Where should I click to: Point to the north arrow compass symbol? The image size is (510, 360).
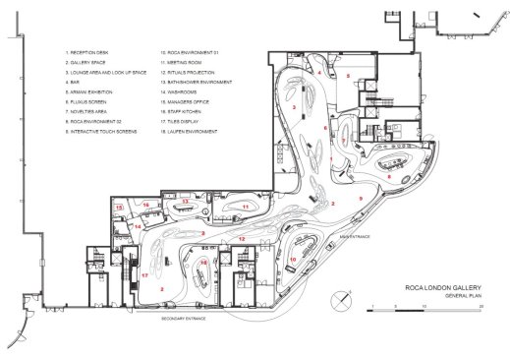(x=344, y=296)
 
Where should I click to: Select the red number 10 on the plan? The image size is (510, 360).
(x=294, y=259)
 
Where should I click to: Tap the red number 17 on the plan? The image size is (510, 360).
(x=143, y=275)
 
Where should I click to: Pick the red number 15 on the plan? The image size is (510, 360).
(x=118, y=209)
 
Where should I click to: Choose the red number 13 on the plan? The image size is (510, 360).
(x=183, y=201)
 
